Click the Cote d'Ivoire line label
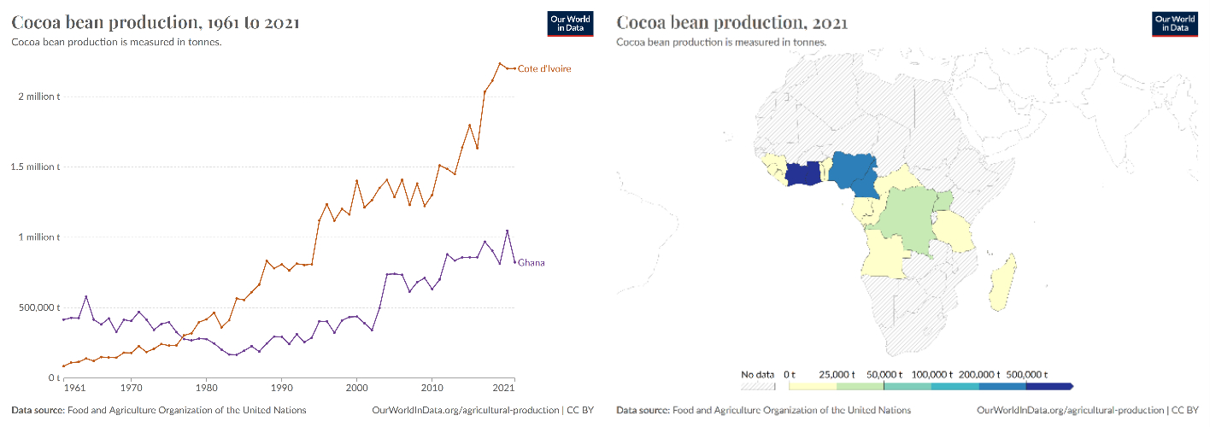click(544, 68)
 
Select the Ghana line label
click(531, 263)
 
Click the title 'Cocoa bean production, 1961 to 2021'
click(156, 22)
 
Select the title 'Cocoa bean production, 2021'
click(731, 22)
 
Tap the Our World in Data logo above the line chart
click(570, 24)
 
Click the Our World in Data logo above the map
click(1175, 24)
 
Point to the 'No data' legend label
click(757, 374)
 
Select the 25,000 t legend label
click(837, 374)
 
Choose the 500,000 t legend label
click(1026, 374)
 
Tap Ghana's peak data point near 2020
click(508, 231)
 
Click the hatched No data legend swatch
click(758, 386)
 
